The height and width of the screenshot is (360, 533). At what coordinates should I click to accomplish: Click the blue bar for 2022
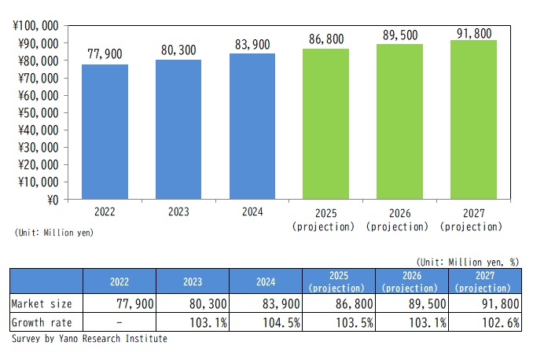tap(105, 132)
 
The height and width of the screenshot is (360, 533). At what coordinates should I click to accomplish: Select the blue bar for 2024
tap(252, 127)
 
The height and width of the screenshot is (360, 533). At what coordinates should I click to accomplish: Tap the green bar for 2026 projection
tap(399, 122)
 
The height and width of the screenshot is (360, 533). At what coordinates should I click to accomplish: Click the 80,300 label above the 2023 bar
tap(178, 48)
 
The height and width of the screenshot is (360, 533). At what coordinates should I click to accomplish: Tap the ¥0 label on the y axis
tap(52, 200)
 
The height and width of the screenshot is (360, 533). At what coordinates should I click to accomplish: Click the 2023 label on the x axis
tap(178, 212)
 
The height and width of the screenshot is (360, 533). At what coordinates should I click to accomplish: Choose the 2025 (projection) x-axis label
tap(325, 219)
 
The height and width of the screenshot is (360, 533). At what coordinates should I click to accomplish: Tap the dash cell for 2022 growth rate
tap(119, 322)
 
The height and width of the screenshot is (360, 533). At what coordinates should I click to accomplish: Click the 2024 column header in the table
tap(266, 280)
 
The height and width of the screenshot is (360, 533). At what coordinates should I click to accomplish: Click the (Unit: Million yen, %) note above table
tap(468, 261)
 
